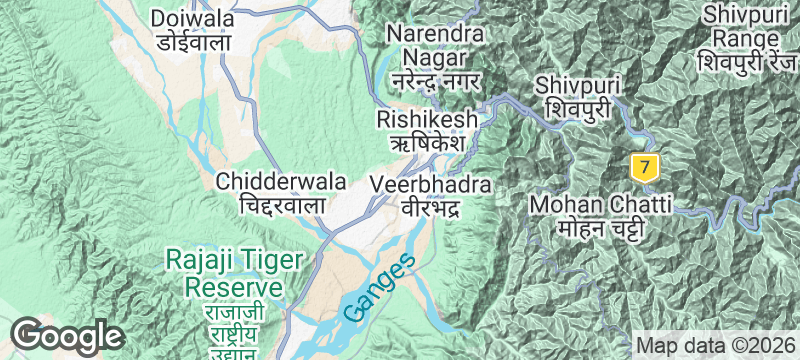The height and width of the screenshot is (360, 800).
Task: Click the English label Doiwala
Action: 192,18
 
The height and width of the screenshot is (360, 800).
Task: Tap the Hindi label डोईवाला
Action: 192,42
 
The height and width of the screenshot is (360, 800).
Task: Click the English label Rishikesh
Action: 421,119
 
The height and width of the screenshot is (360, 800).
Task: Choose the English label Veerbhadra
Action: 430,185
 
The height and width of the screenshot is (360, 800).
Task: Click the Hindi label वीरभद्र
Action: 430,208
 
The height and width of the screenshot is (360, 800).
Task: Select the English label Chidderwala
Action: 282,182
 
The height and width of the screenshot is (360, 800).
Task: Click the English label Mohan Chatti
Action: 598,205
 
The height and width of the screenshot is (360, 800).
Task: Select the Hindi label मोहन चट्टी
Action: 598,229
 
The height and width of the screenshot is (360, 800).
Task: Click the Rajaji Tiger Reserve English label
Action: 234,273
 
